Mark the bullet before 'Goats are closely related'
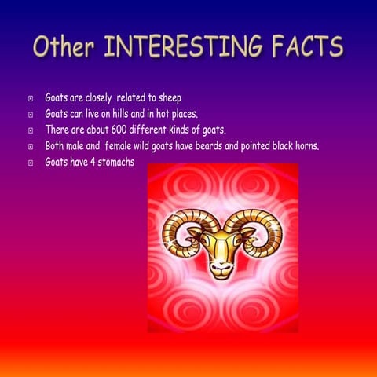point(31,99)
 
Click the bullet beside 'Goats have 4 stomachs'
point(31,163)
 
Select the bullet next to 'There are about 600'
point(31,130)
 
